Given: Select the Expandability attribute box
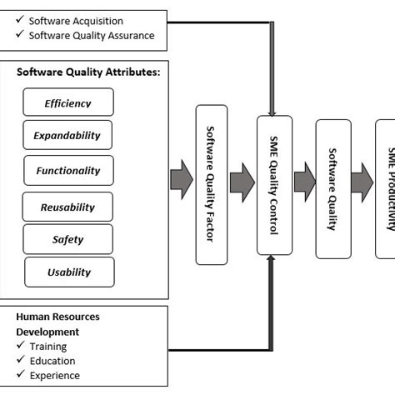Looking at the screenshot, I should tap(67, 136).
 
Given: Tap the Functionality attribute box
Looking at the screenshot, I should tap(67, 171).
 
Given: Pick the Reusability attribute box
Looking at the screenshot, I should tap(67, 207).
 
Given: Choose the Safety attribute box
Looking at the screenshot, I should tap(67, 239).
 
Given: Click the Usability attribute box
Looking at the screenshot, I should tap(68, 272).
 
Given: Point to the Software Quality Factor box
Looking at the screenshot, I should tap(211, 185).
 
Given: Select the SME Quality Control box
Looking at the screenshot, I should tap(274, 185).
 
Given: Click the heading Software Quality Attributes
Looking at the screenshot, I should tap(88, 72).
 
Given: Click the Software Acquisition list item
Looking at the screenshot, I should tap(76, 20).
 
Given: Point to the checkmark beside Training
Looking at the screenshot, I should tap(20, 346).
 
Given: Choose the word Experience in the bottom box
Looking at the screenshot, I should tap(56, 376).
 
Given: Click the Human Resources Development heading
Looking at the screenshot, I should tap(58, 323).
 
